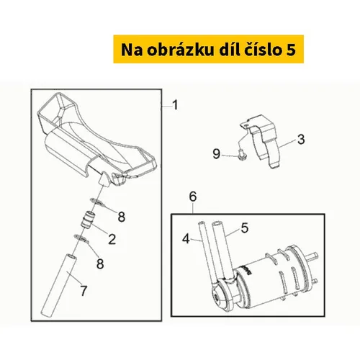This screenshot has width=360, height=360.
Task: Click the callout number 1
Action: click(x=176, y=105)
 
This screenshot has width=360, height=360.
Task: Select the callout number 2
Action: click(x=112, y=239)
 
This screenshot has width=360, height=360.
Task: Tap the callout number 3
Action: click(x=301, y=139)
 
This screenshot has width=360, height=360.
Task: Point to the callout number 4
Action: click(x=186, y=239)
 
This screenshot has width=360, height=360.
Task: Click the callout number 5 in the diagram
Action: click(x=245, y=228)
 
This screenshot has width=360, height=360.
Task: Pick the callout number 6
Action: click(x=193, y=197)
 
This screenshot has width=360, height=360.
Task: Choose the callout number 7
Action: click(x=84, y=291)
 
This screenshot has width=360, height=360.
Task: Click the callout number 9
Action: click(x=217, y=153)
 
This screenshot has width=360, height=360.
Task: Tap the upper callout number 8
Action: click(x=122, y=217)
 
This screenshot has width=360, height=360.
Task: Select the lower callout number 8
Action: click(x=100, y=264)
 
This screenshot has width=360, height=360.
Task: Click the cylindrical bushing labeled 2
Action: click(x=87, y=219)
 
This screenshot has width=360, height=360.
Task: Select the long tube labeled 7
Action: click(x=59, y=284)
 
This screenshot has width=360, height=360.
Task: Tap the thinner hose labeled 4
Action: click(x=207, y=254)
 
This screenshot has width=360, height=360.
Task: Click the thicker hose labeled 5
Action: click(x=222, y=250)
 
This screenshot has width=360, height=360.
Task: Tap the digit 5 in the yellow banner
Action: click(x=291, y=50)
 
